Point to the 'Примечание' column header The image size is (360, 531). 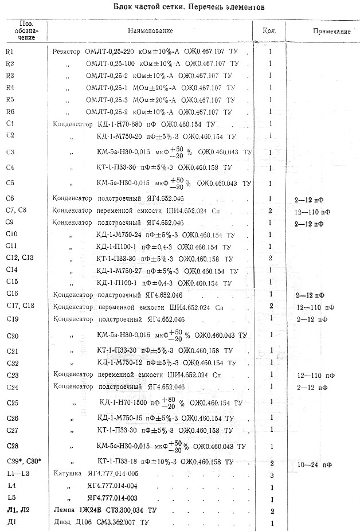point(332,31)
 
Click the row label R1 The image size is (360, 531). point(9,51)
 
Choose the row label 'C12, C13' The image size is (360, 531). point(19,257)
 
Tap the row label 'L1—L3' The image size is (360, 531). point(16,474)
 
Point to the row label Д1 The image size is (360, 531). point(10,522)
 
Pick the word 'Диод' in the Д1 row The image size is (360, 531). point(62,522)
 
